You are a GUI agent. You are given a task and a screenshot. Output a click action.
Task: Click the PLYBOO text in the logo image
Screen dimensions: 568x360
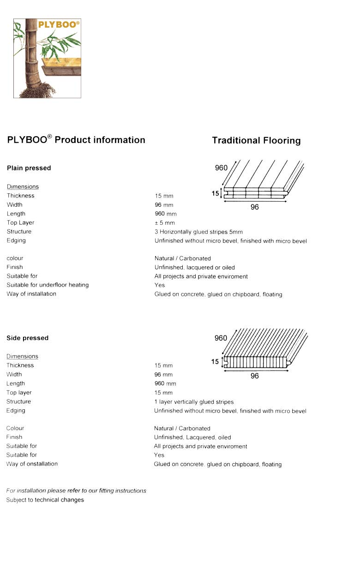59,24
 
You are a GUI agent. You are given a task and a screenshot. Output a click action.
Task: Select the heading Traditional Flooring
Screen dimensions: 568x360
256,141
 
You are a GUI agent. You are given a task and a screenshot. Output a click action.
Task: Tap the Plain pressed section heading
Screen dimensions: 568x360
29,168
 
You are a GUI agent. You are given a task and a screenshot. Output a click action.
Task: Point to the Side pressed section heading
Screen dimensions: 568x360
27,338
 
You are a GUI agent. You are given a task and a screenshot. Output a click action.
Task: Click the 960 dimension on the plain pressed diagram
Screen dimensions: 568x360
221,168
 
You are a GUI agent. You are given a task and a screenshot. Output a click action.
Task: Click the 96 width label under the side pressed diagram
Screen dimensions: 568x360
255,376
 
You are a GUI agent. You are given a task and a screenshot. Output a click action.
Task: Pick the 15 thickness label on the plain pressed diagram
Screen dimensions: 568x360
215,194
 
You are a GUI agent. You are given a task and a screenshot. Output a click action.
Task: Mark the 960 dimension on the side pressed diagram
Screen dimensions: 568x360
221,338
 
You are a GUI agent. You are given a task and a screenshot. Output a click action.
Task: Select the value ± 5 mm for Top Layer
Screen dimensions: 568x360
165,223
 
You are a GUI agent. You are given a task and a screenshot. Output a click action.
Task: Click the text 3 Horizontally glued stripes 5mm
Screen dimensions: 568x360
198,232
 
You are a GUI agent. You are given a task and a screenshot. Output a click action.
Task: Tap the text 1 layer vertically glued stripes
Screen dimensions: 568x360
194,402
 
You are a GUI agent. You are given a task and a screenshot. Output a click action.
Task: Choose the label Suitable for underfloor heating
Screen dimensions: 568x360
48,285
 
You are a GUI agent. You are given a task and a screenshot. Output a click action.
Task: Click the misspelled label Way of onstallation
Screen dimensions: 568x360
32,464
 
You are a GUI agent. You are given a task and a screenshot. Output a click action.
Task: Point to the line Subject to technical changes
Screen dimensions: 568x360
45,500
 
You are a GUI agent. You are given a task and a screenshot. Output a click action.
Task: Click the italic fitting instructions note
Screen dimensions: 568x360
76,490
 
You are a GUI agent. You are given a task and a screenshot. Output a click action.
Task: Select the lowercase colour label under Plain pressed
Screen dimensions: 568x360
15,258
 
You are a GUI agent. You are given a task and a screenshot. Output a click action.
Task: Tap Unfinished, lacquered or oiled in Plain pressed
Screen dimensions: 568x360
194,267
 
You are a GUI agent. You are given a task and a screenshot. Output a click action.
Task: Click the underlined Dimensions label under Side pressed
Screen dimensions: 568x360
22,356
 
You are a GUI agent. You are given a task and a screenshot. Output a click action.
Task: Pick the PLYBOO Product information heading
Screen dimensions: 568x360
76,140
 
